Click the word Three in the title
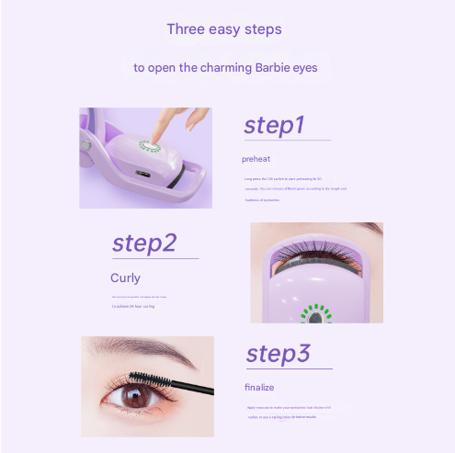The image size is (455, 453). (x=185, y=29)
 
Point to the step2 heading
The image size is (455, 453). (x=143, y=243)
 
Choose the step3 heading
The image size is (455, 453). (x=279, y=355)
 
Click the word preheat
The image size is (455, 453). (x=256, y=159)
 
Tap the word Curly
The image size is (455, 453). (x=125, y=277)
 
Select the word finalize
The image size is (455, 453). (x=259, y=387)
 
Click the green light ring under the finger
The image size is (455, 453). (x=150, y=147)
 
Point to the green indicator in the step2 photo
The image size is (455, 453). (x=317, y=312)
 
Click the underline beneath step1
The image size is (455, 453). (x=286, y=141)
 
